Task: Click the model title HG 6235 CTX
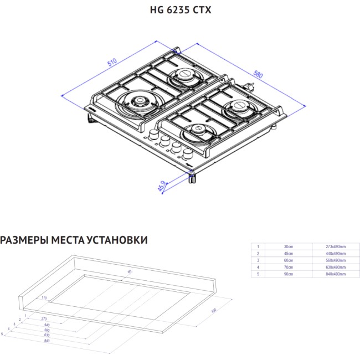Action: (181, 11)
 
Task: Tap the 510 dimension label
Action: (113, 63)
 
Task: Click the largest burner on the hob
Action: (136, 101)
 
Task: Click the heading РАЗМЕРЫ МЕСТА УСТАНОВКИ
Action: (74, 240)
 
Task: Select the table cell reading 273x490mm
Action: (335, 246)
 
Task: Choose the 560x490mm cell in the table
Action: (335, 260)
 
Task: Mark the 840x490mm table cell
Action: (335, 274)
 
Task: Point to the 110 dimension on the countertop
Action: (44, 298)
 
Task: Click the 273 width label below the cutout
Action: (44, 319)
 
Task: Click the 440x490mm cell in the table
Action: (335, 253)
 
